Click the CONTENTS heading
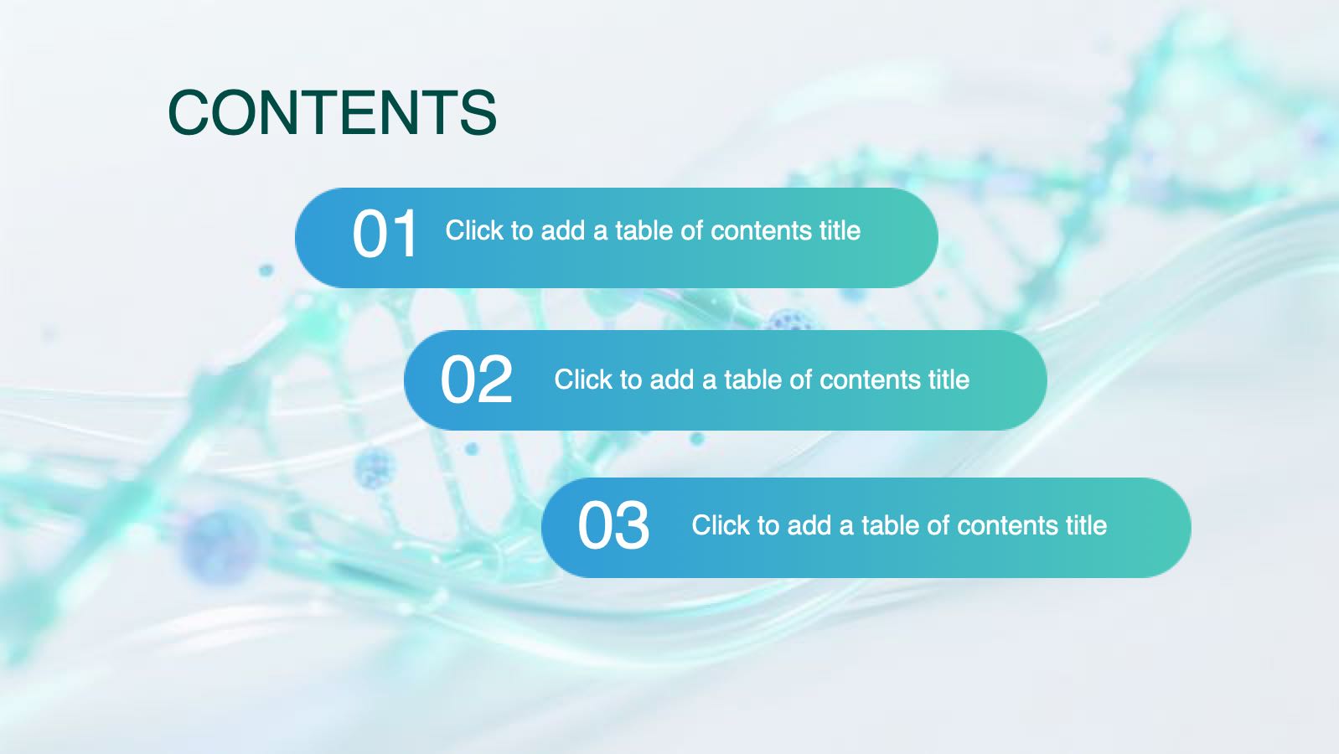pos(333,112)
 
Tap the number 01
pos(385,233)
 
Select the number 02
pos(477,379)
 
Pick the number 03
pos(613,526)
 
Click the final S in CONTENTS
pos(478,112)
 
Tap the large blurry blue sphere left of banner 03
pos(220,546)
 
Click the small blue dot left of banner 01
pos(266,270)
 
